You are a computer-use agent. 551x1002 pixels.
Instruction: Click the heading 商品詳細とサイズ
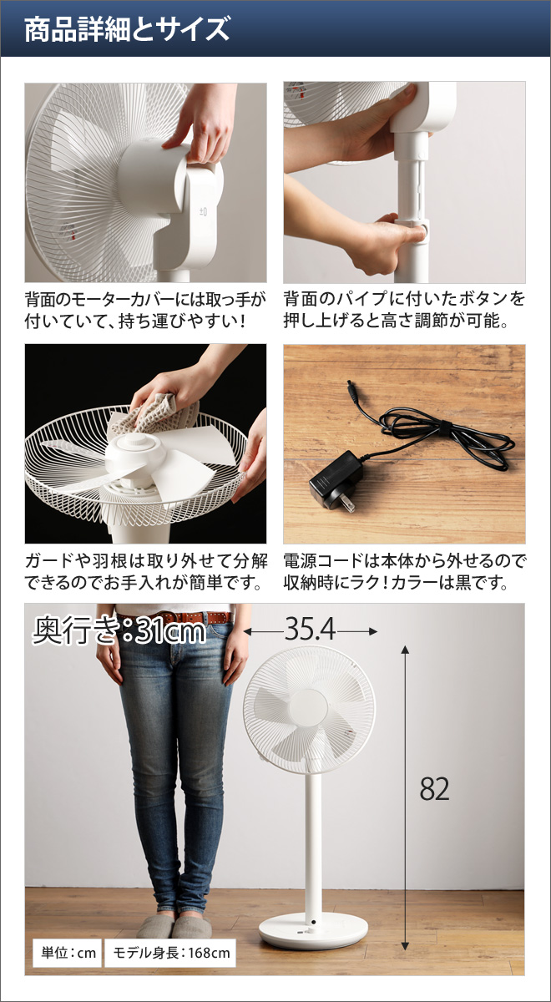click(x=126, y=30)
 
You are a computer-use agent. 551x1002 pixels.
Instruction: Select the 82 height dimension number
click(x=434, y=788)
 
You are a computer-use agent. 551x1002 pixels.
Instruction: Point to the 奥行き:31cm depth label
click(x=119, y=631)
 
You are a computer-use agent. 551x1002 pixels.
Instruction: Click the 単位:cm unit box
click(x=65, y=953)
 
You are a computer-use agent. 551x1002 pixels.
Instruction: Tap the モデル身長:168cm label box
click(x=169, y=953)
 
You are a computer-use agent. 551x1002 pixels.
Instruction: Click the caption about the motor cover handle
click(x=145, y=309)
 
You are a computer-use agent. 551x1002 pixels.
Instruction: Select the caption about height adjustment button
click(x=404, y=309)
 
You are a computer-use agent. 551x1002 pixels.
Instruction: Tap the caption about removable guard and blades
click(x=145, y=571)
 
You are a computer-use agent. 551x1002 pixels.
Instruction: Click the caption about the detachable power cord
click(x=404, y=571)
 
